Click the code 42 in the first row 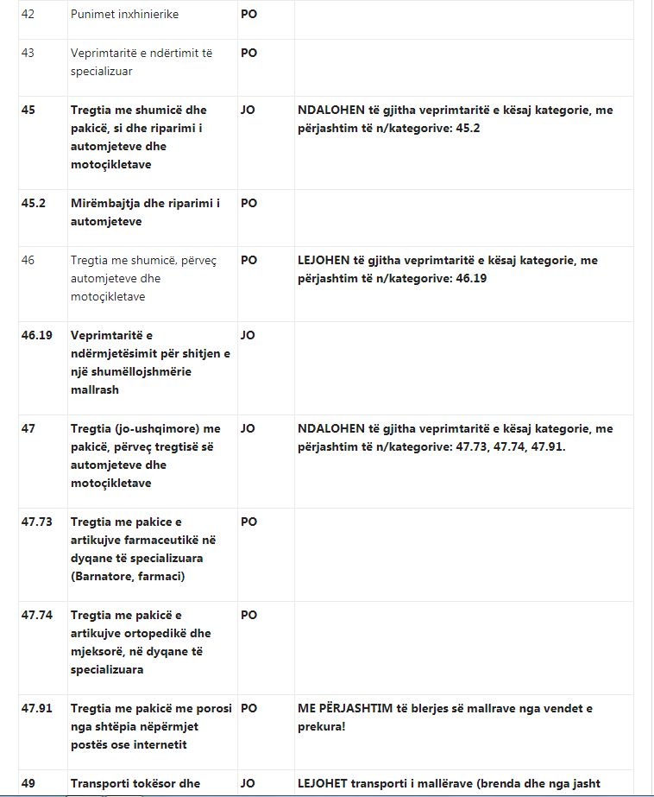click(28, 15)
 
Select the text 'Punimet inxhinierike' click(125, 15)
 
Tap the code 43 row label click(28, 53)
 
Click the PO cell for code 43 click(248, 53)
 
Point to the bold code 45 click(28, 110)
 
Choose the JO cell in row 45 click(248, 110)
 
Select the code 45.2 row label click(33, 203)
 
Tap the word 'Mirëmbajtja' click(104, 203)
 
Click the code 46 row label click(28, 260)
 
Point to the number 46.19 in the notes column click(471, 278)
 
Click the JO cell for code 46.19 click(248, 334)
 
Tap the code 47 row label click(28, 428)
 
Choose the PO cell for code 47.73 click(248, 522)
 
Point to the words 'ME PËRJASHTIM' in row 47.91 click(339, 708)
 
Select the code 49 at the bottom click(28, 783)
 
